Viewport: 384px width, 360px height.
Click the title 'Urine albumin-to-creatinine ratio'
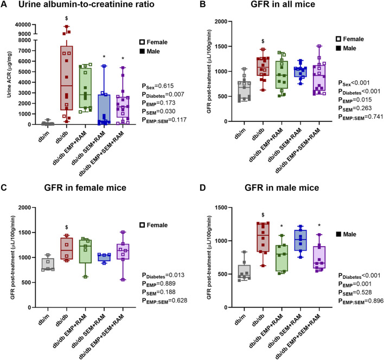click(86, 4)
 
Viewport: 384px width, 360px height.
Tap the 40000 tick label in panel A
click(23, 24)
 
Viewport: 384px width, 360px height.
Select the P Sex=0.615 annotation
click(158, 86)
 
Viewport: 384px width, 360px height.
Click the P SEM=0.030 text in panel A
click(159, 112)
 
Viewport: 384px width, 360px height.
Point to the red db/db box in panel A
click(66, 78)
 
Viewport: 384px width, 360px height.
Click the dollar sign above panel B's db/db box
click(263, 41)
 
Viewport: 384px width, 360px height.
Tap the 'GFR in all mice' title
click(283, 4)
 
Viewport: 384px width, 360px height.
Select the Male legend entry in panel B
click(346, 48)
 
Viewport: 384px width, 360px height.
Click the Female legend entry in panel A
click(153, 42)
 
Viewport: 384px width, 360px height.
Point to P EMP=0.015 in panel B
click(355, 100)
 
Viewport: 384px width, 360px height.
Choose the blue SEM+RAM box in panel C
click(104, 257)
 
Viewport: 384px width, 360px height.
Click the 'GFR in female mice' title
click(85, 188)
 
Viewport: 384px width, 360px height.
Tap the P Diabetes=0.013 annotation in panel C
click(163, 275)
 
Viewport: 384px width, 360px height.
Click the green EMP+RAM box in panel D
click(281, 258)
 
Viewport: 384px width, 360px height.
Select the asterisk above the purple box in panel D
click(319, 226)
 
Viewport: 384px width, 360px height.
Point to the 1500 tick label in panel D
click(221, 208)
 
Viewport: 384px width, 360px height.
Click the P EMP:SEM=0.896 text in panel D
click(361, 301)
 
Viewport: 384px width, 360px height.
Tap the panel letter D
click(203, 188)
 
